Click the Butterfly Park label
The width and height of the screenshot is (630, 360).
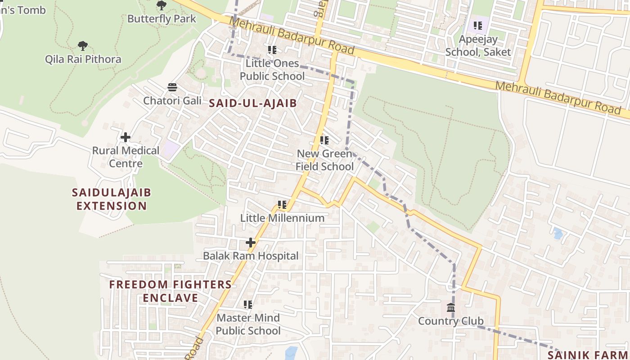tap(162, 19)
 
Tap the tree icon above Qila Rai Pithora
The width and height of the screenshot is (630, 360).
tap(82, 45)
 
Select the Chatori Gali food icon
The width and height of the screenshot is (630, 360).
tap(172, 87)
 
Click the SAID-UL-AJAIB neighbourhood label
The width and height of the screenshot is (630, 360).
tap(252, 103)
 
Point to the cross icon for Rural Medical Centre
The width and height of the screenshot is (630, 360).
tap(126, 137)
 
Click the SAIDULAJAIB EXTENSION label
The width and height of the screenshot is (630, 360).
tap(112, 199)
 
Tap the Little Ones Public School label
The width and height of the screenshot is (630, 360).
tap(272, 70)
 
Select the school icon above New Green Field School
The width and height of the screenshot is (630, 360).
tap(324, 140)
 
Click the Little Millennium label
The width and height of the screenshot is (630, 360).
tap(282, 218)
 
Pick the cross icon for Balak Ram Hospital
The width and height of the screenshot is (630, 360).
tap(250, 243)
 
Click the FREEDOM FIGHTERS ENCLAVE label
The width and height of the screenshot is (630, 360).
tap(171, 291)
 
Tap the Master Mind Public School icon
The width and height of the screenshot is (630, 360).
tap(247, 305)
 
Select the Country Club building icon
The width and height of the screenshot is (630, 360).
tap(451, 308)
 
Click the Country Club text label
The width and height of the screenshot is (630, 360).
tap(451, 321)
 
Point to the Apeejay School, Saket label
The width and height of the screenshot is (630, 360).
tap(478, 46)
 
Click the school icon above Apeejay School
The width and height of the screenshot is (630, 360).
tap(478, 26)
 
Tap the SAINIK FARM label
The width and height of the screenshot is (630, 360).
tap(588, 355)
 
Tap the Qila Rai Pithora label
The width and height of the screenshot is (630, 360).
tap(83, 59)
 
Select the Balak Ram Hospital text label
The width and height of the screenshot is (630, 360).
tap(251, 256)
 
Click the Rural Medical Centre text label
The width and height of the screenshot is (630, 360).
tap(126, 157)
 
